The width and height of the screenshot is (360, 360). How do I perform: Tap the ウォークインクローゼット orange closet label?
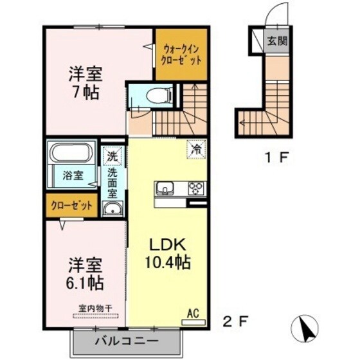pos(181,53)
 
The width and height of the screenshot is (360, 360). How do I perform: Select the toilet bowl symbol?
pos(156,96)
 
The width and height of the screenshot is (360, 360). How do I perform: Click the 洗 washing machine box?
pos(113,155)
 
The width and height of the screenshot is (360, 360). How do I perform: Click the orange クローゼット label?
pos(71,206)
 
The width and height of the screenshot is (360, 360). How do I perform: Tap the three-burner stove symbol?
pos(195,188)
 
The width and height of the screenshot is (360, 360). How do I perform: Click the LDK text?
pos(168,244)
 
